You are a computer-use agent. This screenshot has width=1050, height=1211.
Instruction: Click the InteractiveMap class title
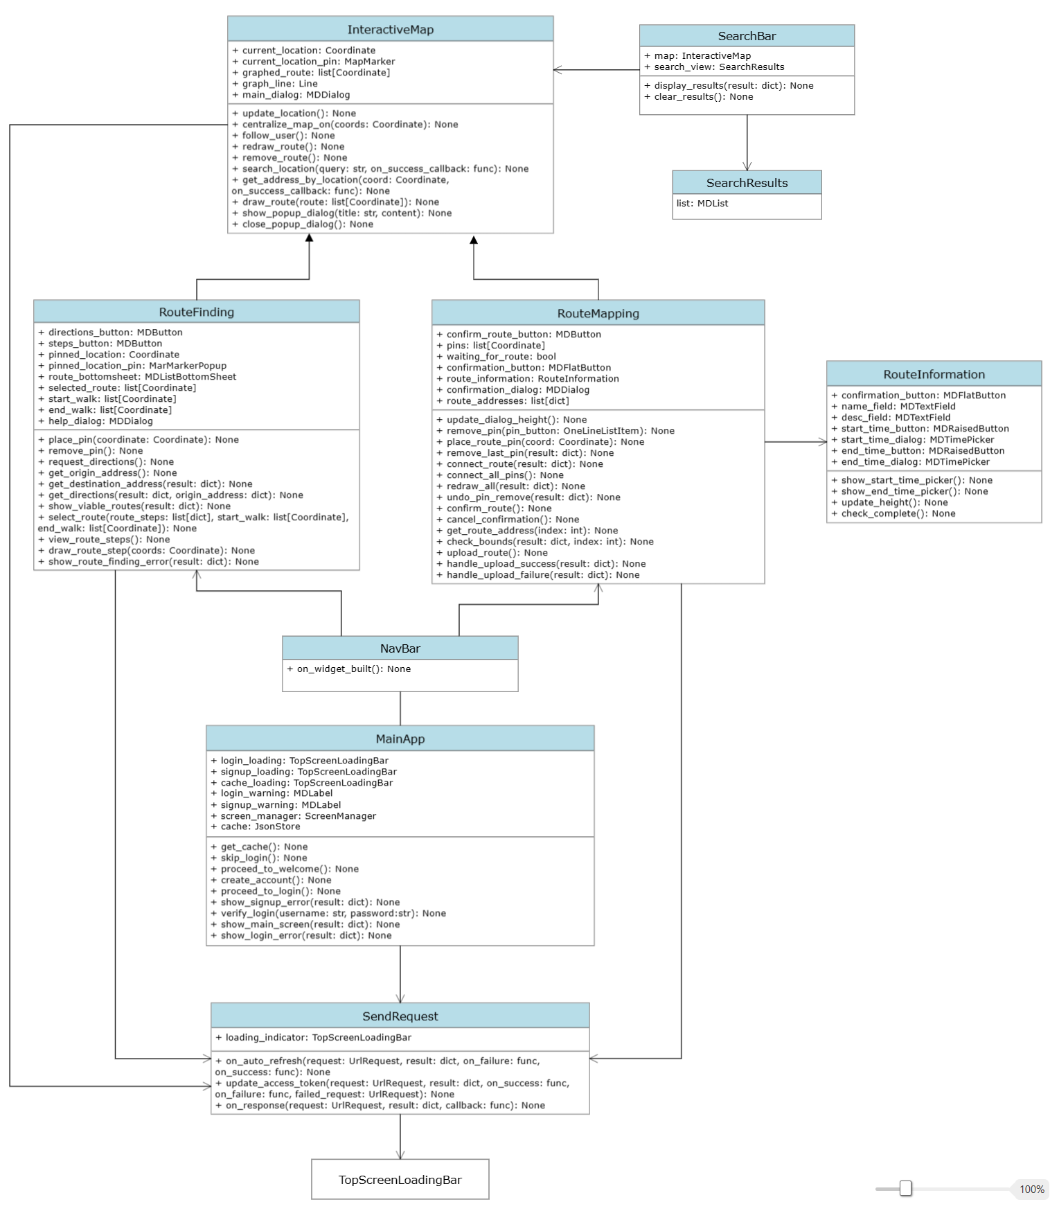390,30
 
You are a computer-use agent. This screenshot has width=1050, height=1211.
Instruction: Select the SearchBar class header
747,36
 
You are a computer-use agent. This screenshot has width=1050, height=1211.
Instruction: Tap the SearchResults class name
747,183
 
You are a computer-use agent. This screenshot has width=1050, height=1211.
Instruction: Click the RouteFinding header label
197,312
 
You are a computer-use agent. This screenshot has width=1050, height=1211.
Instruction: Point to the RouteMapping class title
598,313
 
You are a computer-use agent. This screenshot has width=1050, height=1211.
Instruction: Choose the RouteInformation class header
934,374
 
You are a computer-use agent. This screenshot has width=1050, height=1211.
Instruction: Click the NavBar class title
400,648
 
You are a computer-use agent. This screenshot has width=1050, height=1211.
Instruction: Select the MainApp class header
400,739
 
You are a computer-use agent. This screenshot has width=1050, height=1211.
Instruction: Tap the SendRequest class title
400,1016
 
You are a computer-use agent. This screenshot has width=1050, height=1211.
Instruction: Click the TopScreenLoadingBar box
400,1180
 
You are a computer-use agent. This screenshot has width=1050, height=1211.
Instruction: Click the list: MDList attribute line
702,204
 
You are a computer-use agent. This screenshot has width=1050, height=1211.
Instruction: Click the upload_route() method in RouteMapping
497,553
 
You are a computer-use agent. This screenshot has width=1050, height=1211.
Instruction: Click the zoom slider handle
905,1189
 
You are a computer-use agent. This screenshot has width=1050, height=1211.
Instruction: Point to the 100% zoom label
1031,1190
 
